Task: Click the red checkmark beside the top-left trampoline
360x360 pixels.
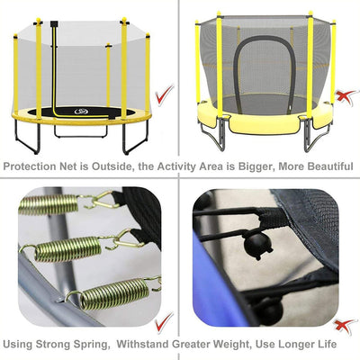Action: click(165, 94)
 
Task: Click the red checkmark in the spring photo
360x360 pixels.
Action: click(165, 321)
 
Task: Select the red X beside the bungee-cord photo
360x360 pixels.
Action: click(346, 326)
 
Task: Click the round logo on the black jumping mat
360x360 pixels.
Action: click(80, 112)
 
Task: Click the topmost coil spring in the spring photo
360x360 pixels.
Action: click(49, 204)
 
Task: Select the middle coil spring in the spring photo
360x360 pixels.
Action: click(67, 248)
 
